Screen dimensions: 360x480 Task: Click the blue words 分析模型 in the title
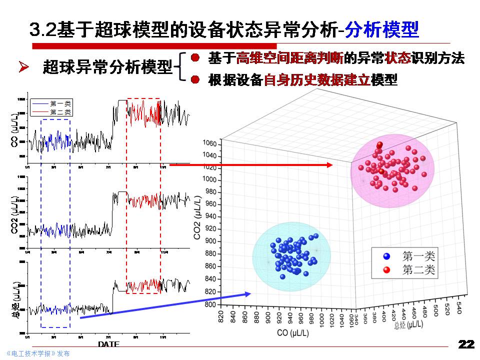pyautogui.click(x=382, y=29)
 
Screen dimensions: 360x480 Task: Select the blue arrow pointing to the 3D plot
pyautogui.click(x=165, y=305)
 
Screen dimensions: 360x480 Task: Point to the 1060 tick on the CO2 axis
pyautogui.click(x=209, y=144)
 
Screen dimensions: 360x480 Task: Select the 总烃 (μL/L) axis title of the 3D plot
pyautogui.click(x=408, y=325)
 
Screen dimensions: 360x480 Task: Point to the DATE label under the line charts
pyautogui.click(x=108, y=344)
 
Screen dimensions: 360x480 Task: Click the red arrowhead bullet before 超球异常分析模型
pyautogui.click(x=23, y=66)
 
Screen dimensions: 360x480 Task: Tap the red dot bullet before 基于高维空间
pyautogui.click(x=196, y=58)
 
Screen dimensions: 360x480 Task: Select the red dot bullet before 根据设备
pyautogui.click(x=196, y=79)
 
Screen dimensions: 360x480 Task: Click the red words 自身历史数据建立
pyautogui.click(x=317, y=80)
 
